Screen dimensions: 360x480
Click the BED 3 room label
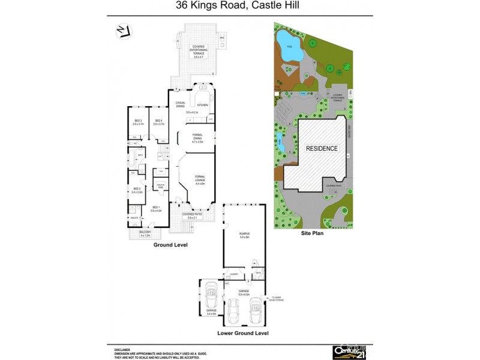coord(137,122)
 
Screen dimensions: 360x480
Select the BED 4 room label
coord(158,122)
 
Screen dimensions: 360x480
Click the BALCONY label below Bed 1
coord(145,233)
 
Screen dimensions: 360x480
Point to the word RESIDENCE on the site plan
coord(322,148)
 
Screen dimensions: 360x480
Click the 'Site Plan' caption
coord(312,233)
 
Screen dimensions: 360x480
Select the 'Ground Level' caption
coord(171,245)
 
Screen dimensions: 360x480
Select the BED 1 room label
coord(156,208)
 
